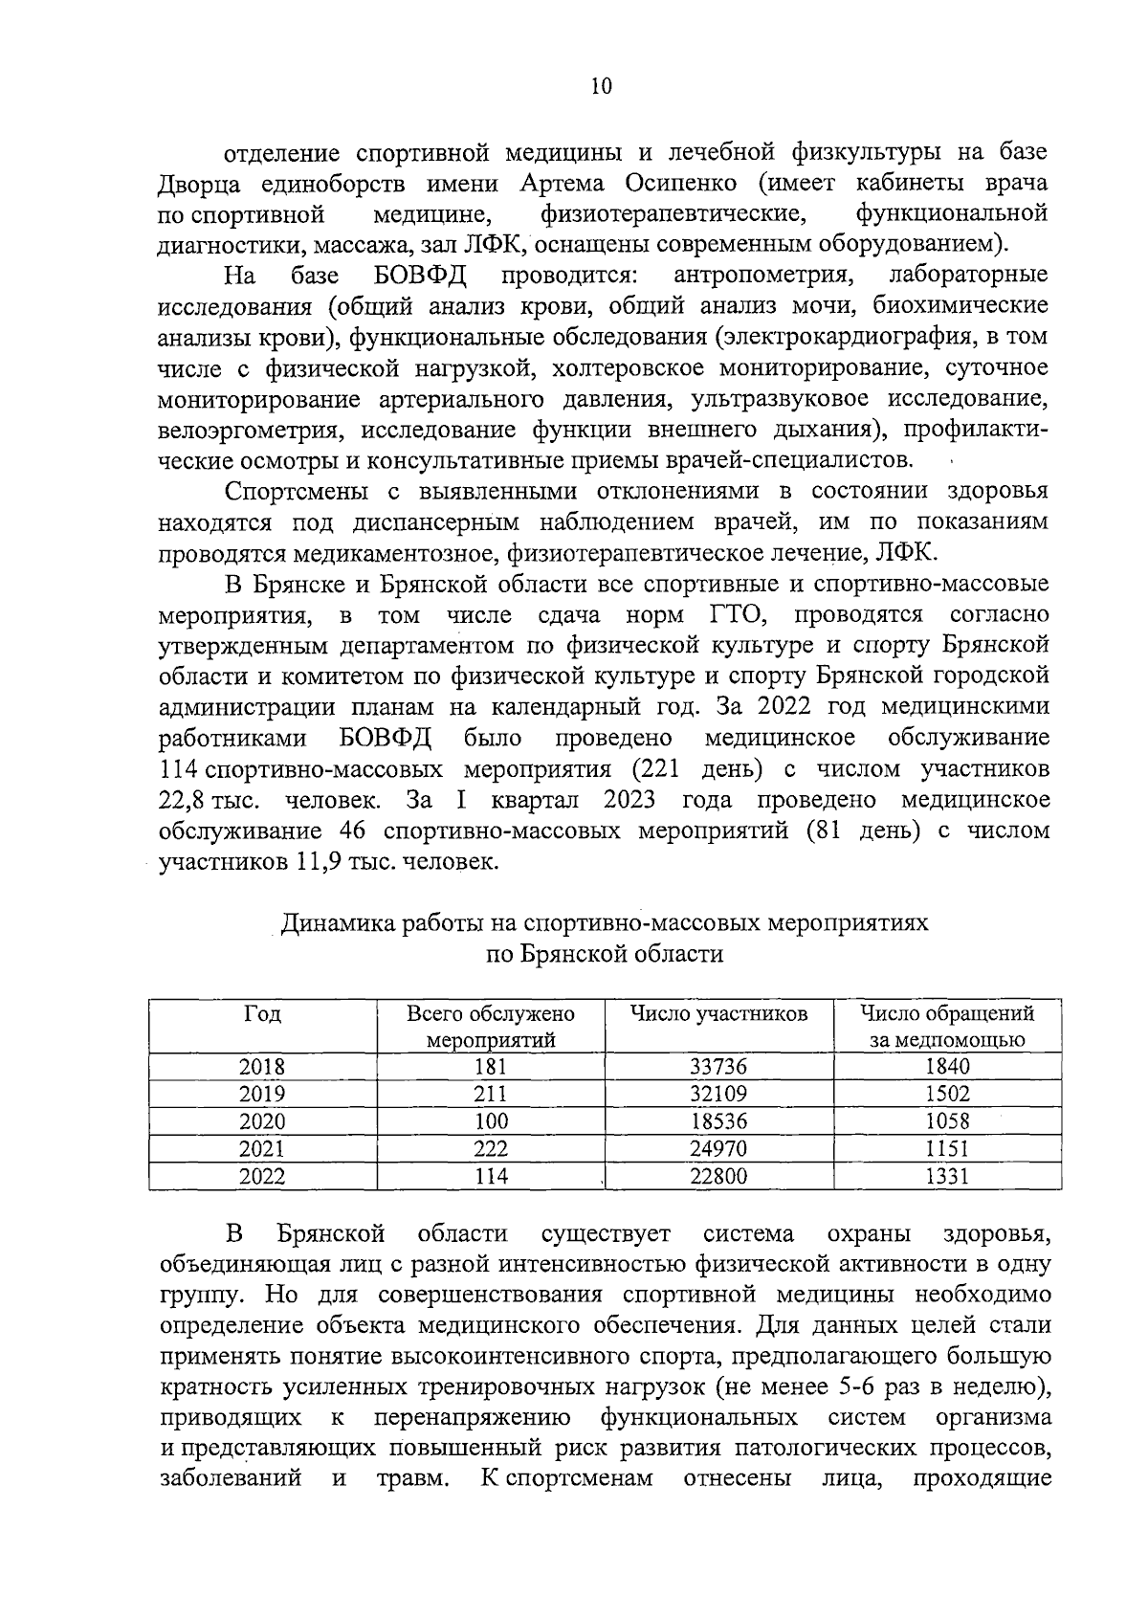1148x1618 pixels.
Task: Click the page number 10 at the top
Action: click(601, 86)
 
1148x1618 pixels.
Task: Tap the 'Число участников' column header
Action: click(718, 1013)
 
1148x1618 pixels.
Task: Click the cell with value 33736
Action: click(718, 1067)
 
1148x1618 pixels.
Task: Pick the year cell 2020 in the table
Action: click(262, 1121)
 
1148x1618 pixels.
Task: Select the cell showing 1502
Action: click(947, 1094)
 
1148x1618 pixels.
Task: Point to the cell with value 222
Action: click(491, 1148)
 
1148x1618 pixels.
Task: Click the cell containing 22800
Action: click(718, 1176)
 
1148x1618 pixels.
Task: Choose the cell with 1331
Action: click(947, 1176)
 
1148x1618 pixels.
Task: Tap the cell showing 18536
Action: click(718, 1121)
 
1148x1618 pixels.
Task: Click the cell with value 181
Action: click(491, 1067)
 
